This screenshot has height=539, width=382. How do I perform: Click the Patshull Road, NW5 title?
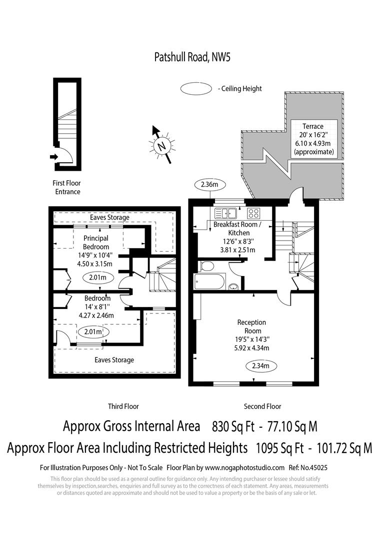point(192,57)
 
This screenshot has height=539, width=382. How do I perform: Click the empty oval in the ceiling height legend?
point(196,89)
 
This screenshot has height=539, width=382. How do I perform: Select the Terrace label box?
point(314,139)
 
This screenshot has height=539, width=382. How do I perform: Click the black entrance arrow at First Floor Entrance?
point(53,157)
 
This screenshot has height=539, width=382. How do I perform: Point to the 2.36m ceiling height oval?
point(209,185)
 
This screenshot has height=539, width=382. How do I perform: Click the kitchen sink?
point(225,213)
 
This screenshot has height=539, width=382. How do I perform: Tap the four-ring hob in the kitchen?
point(254,213)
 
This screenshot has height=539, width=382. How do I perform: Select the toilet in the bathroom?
point(206,266)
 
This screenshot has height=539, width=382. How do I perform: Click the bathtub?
point(210,281)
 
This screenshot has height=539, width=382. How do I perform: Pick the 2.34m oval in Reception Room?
point(261,366)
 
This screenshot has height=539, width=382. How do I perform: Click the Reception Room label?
point(252,326)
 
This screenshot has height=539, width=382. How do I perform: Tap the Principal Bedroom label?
point(96,243)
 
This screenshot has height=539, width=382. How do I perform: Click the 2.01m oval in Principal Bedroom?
point(97,277)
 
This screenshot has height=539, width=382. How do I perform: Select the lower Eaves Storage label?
point(114,360)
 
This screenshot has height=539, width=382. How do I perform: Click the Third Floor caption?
point(123,406)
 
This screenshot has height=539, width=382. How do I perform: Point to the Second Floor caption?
point(262,406)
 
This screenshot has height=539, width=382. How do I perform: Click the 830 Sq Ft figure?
point(233,426)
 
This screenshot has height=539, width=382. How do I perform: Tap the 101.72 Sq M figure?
point(344,448)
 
